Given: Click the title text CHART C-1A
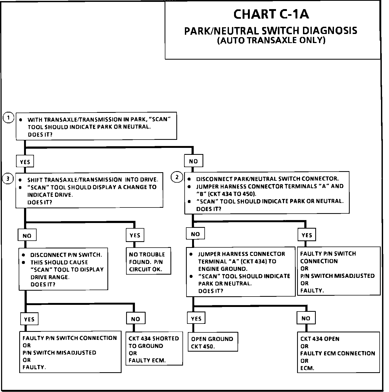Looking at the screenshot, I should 271,14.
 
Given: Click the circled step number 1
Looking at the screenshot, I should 9,118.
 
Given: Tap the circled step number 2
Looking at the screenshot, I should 177,177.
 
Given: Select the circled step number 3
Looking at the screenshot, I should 8,179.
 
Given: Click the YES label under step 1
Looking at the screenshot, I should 25,162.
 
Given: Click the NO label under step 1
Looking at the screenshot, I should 193,161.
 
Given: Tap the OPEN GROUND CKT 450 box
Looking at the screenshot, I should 213,342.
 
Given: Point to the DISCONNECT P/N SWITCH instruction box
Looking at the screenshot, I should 63,269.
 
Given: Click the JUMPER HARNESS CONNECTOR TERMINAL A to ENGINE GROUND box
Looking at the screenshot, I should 241,272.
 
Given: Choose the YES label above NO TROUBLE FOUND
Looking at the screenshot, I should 135,235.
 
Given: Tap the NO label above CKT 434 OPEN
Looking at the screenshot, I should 306,318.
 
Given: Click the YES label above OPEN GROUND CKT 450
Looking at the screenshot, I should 196,318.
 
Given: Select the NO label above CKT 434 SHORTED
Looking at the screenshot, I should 135,319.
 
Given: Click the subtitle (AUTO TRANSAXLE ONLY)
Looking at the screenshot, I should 271,40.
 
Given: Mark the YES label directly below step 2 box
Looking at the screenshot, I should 307,235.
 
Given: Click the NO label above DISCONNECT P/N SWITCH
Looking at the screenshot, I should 27,236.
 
